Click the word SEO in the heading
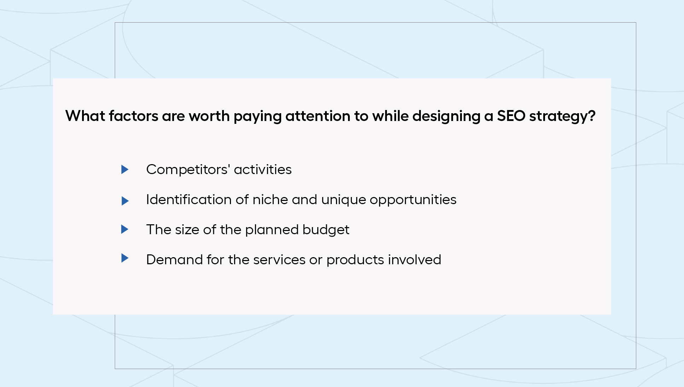511,116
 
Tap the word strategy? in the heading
562,116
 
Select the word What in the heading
85,116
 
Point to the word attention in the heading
318,116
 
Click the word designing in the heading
446,116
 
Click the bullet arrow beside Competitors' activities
124,169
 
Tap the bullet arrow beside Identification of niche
125,201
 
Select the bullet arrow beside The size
124,229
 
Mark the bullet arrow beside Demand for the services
124,258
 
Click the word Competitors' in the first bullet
188,169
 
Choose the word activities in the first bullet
263,169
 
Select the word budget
326,230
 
